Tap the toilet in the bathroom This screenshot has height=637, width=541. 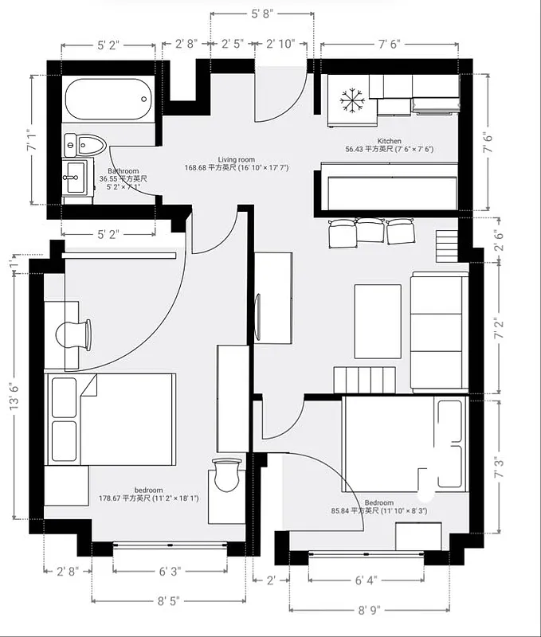(x=85, y=145)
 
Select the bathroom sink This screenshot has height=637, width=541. (x=76, y=175)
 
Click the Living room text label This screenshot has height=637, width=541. (x=236, y=159)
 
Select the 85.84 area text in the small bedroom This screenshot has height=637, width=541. (x=378, y=510)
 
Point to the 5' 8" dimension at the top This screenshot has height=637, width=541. (x=262, y=14)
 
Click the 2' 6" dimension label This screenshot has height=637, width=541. (x=498, y=239)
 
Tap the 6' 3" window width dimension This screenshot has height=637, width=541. (x=169, y=571)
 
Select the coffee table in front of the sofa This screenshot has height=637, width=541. (x=377, y=321)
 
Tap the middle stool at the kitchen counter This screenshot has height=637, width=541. (x=369, y=230)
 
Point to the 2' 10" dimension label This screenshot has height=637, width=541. (x=281, y=44)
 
